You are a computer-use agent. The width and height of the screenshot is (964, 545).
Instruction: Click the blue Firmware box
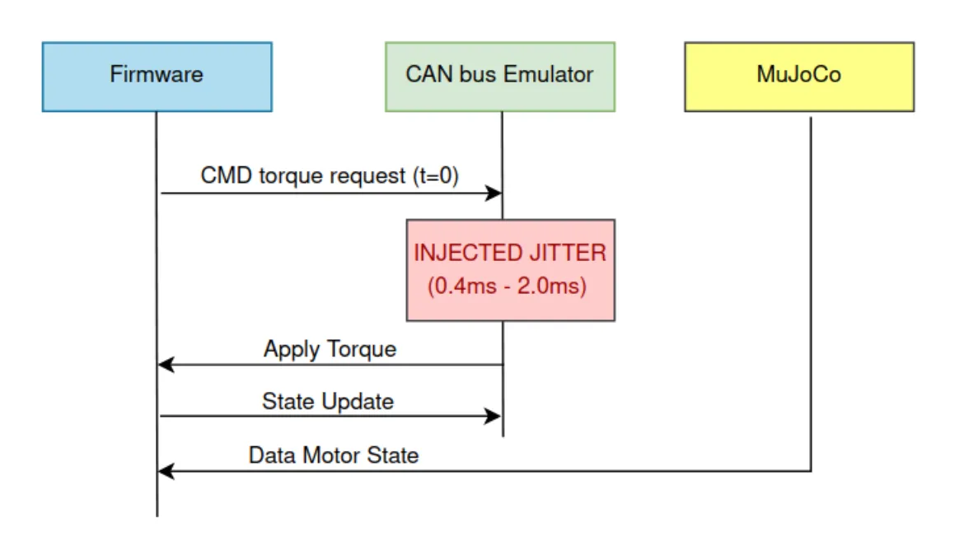pos(157,76)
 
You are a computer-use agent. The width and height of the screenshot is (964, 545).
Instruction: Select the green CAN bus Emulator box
pos(499,76)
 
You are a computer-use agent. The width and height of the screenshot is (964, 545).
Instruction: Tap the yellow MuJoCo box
pos(798,76)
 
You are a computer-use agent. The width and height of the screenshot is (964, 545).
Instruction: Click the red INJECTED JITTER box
pos(510,269)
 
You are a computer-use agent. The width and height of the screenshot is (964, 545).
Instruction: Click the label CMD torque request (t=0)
pos(330,175)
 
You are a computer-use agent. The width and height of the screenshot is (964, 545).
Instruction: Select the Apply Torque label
pos(330,348)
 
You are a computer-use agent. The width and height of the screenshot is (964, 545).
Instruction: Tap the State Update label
pos(328,401)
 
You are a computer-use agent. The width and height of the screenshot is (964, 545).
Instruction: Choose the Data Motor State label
pos(334,454)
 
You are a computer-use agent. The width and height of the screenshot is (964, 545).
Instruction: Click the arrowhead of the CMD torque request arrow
pos(494,193)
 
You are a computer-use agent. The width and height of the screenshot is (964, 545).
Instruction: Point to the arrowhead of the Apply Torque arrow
pos(166,365)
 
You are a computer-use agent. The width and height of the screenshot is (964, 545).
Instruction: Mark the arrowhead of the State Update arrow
pos(494,417)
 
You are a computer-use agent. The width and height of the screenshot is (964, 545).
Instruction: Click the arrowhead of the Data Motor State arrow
pos(166,472)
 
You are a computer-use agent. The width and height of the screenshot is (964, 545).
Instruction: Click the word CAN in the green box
pos(424,74)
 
